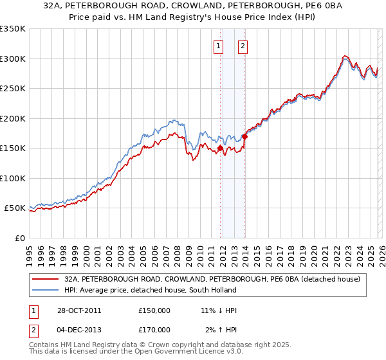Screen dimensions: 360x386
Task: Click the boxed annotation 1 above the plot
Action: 219,46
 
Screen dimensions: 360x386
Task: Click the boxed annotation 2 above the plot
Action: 243,46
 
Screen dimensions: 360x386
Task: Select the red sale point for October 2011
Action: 220,148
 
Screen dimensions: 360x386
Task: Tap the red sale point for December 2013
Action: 244,136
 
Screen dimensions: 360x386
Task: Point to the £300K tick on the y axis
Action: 13,59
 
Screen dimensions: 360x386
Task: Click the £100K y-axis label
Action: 13,178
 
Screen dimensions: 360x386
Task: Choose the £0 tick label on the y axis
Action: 21,238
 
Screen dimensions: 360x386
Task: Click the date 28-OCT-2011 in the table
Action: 75,310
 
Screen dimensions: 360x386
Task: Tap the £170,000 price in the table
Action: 154,330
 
